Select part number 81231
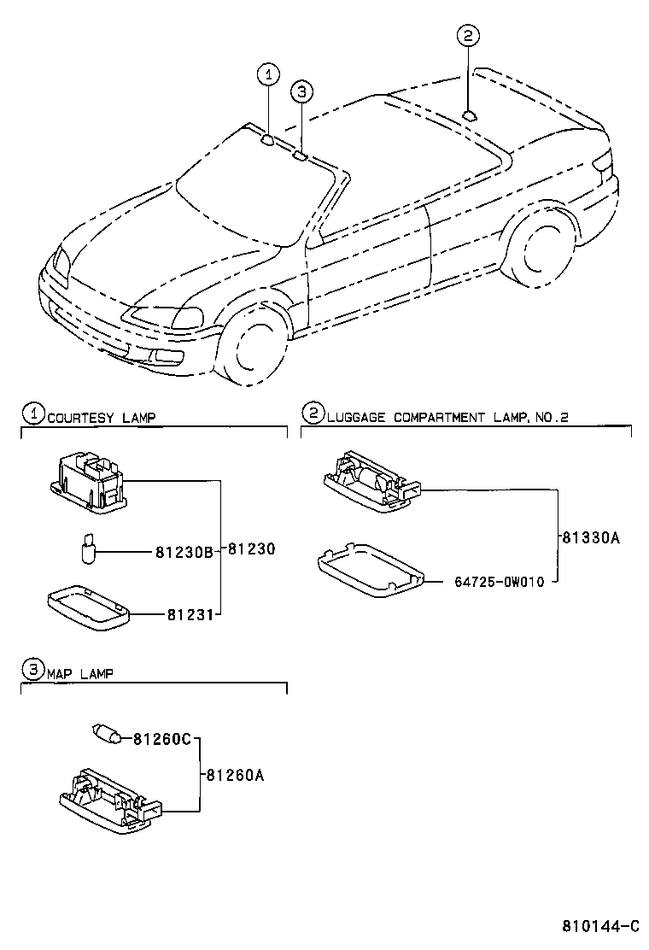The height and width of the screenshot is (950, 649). [x=188, y=613]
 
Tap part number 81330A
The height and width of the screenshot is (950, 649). [x=590, y=538]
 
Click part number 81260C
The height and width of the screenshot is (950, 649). [x=161, y=738]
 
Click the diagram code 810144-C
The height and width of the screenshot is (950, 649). [x=599, y=927]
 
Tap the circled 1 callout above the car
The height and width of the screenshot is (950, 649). [x=268, y=75]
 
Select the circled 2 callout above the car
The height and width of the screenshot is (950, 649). [x=468, y=35]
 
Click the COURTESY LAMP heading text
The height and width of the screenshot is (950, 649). [x=101, y=417]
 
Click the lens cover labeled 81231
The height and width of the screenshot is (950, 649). [x=87, y=606]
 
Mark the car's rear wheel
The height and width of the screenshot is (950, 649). [x=540, y=252]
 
